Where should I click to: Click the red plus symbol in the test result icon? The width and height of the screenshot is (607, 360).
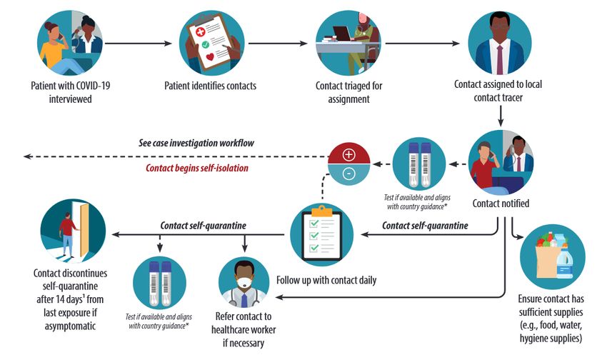[348, 155]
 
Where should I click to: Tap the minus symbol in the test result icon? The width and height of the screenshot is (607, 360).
[348, 174]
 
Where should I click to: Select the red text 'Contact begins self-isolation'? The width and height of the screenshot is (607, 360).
[197, 168]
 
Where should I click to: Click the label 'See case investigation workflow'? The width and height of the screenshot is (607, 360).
[196, 143]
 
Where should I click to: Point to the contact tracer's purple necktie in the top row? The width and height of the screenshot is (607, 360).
[499, 59]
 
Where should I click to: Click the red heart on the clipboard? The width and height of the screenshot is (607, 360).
[210, 57]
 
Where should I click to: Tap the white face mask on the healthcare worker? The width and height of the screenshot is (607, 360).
[244, 282]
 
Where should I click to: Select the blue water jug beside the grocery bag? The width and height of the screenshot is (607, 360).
[565, 264]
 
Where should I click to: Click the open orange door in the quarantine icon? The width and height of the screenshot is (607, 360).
[84, 231]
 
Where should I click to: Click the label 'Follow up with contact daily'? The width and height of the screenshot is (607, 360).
[326, 280]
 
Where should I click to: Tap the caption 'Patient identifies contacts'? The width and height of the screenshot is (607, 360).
[210, 86]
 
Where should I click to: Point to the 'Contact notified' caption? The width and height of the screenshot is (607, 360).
[501, 204]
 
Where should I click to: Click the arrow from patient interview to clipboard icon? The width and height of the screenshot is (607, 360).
[139, 44]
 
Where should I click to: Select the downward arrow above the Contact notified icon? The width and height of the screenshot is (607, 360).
[500, 116]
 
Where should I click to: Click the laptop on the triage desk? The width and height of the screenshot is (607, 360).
[341, 34]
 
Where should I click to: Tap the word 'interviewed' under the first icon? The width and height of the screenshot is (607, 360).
[70, 99]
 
